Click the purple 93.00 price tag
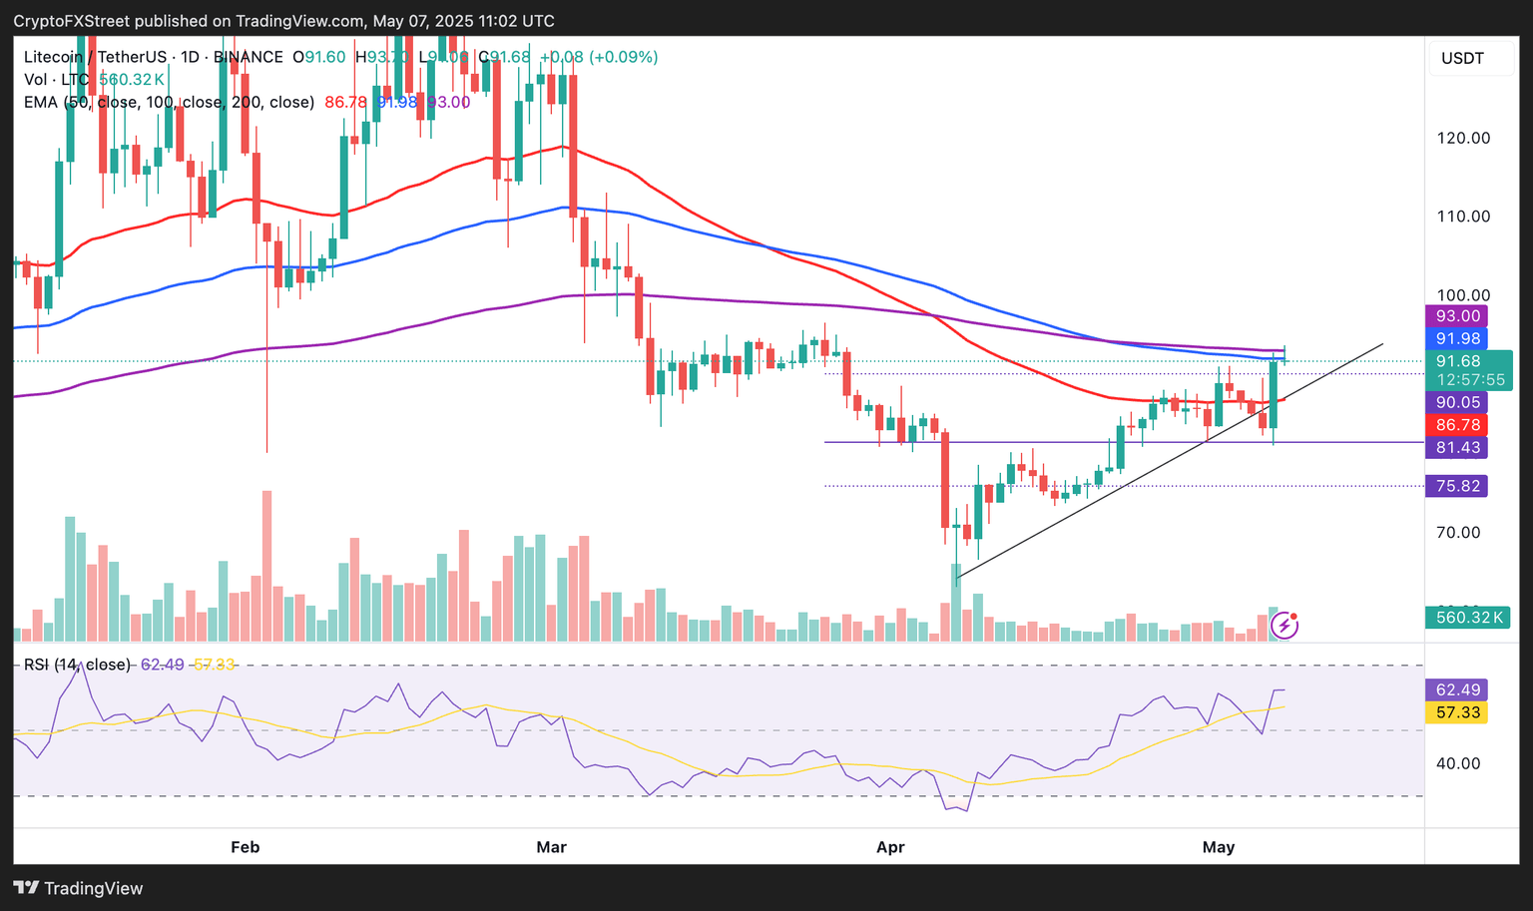[1457, 316]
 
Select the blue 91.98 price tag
[1457, 339]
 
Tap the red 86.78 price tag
[1457, 425]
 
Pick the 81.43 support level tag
[1457, 448]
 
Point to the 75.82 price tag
[1457, 486]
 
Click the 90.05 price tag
[1457, 402]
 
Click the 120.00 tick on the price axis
[1463, 138]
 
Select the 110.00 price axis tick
[1463, 217]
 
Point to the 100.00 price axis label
[1463, 295]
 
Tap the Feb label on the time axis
[245, 847]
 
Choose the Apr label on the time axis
[890, 847]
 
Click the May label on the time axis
[1219, 847]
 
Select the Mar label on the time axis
[551, 847]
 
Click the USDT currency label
[1462, 58]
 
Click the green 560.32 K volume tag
[1464, 618]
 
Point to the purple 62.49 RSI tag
[1457, 689]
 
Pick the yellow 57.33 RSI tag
[1457, 712]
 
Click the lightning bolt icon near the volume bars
[1284, 626]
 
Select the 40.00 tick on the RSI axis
[1458, 763]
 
